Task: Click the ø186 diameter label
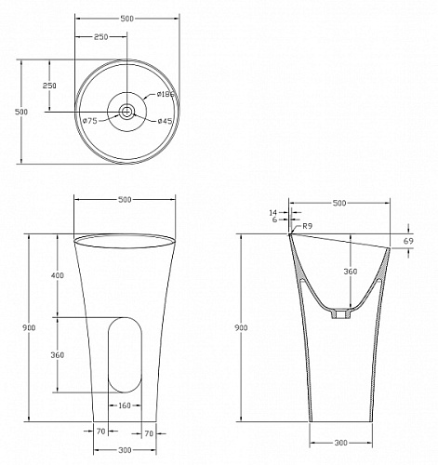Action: tap(166, 94)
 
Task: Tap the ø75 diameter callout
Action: tap(90, 121)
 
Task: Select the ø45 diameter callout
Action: tap(165, 121)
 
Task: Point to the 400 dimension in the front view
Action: tap(58, 275)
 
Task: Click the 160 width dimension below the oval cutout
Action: tap(125, 405)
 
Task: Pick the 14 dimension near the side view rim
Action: tap(273, 212)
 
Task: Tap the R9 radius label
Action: tap(307, 226)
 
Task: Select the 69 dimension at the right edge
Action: tap(409, 241)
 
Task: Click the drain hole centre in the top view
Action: tap(126, 112)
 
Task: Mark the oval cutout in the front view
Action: tap(125, 355)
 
